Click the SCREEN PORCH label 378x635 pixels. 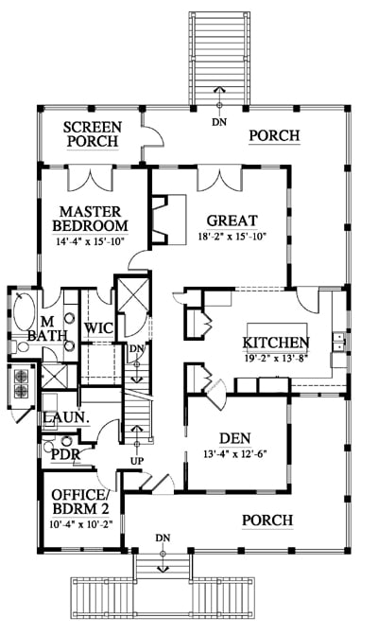tap(93, 134)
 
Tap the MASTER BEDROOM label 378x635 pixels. tap(90, 219)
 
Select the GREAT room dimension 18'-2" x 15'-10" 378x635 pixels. tap(232, 237)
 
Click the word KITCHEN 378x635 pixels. tap(276, 343)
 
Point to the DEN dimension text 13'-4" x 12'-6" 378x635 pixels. tap(235, 453)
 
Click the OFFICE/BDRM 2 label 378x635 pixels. tap(81, 502)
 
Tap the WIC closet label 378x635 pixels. tap(98, 327)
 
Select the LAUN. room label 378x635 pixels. tap(66, 418)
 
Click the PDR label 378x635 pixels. tap(65, 454)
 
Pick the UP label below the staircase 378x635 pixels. tap(137, 461)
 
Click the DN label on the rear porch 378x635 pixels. tap(219, 121)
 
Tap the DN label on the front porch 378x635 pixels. tap(163, 538)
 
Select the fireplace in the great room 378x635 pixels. tap(168, 220)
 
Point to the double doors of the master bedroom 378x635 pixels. tap(90, 179)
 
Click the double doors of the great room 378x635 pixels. tap(219, 179)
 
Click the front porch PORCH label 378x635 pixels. tap(267, 520)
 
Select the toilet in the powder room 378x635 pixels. tap(49, 446)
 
